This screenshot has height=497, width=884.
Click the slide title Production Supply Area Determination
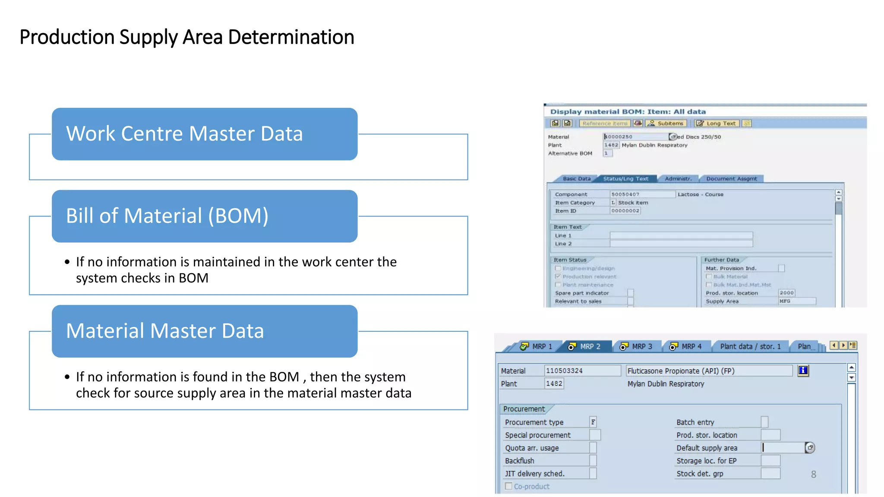coord(186,37)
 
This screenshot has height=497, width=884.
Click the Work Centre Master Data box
coord(205,134)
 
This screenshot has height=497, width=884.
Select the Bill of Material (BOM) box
coord(205,216)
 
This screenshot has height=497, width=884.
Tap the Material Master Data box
coord(205,331)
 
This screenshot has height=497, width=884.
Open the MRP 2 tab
coord(585,346)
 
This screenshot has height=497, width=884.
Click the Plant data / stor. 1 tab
coord(750,346)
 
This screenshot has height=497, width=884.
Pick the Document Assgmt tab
coord(731,179)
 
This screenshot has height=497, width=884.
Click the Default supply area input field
coord(783,448)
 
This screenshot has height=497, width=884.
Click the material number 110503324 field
coord(582,371)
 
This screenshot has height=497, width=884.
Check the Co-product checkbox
coord(509,486)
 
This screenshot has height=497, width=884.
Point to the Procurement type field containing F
coord(593,422)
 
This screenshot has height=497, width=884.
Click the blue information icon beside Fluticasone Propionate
coord(803,371)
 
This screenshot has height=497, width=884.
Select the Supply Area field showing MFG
coord(797,301)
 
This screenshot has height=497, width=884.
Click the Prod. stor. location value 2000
coord(786,293)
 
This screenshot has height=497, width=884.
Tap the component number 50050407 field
coord(642,195)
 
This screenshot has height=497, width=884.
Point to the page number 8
coord(814,475)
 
